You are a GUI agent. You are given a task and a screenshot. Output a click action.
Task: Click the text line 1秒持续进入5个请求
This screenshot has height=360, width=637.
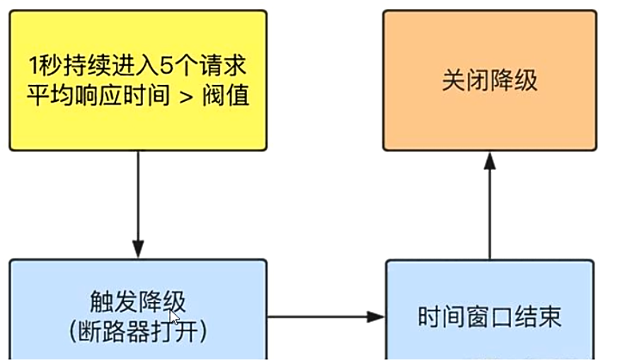(x=138, y=68)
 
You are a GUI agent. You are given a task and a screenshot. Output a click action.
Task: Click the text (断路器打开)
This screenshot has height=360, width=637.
(x=138, y=331)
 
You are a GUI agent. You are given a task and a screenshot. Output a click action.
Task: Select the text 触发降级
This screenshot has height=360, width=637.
(x=138, y=303)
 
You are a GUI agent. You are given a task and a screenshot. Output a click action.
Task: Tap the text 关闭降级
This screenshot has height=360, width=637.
(x=489, y=80)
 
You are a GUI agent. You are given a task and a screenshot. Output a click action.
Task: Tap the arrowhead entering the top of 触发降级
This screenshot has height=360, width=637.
(x=138, y=250)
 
